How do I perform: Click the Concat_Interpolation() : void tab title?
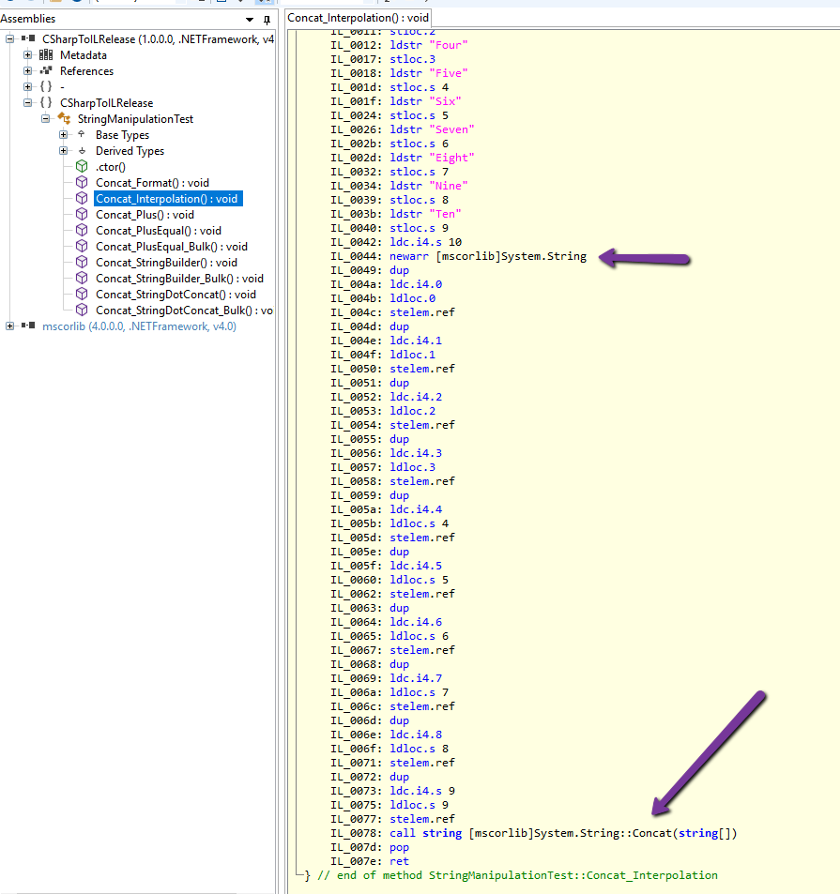[x=358, y=18]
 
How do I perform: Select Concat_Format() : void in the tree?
[x=152, y=183]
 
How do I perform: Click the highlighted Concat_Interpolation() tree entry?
[x=166, y=199]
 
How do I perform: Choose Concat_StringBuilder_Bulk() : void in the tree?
[x=179, y=279]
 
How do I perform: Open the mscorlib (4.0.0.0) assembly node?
[x=139, y=326]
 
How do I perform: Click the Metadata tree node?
[x=84, y=55]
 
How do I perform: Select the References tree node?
[x=86, y=71]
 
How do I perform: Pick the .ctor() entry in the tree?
[x=110, y=167]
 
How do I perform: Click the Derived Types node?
[x=130, y=151]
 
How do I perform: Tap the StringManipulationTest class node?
[x=135, y=119]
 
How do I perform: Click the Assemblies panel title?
[x=28, y=19]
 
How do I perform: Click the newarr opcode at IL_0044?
[x=409, y=256]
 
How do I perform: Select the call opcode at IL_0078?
[x=401, y=833]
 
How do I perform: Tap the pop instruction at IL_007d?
[x=399, y=847]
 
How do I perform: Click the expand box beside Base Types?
[x=64, y=135]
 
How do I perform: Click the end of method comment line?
[x=516, y=875]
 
